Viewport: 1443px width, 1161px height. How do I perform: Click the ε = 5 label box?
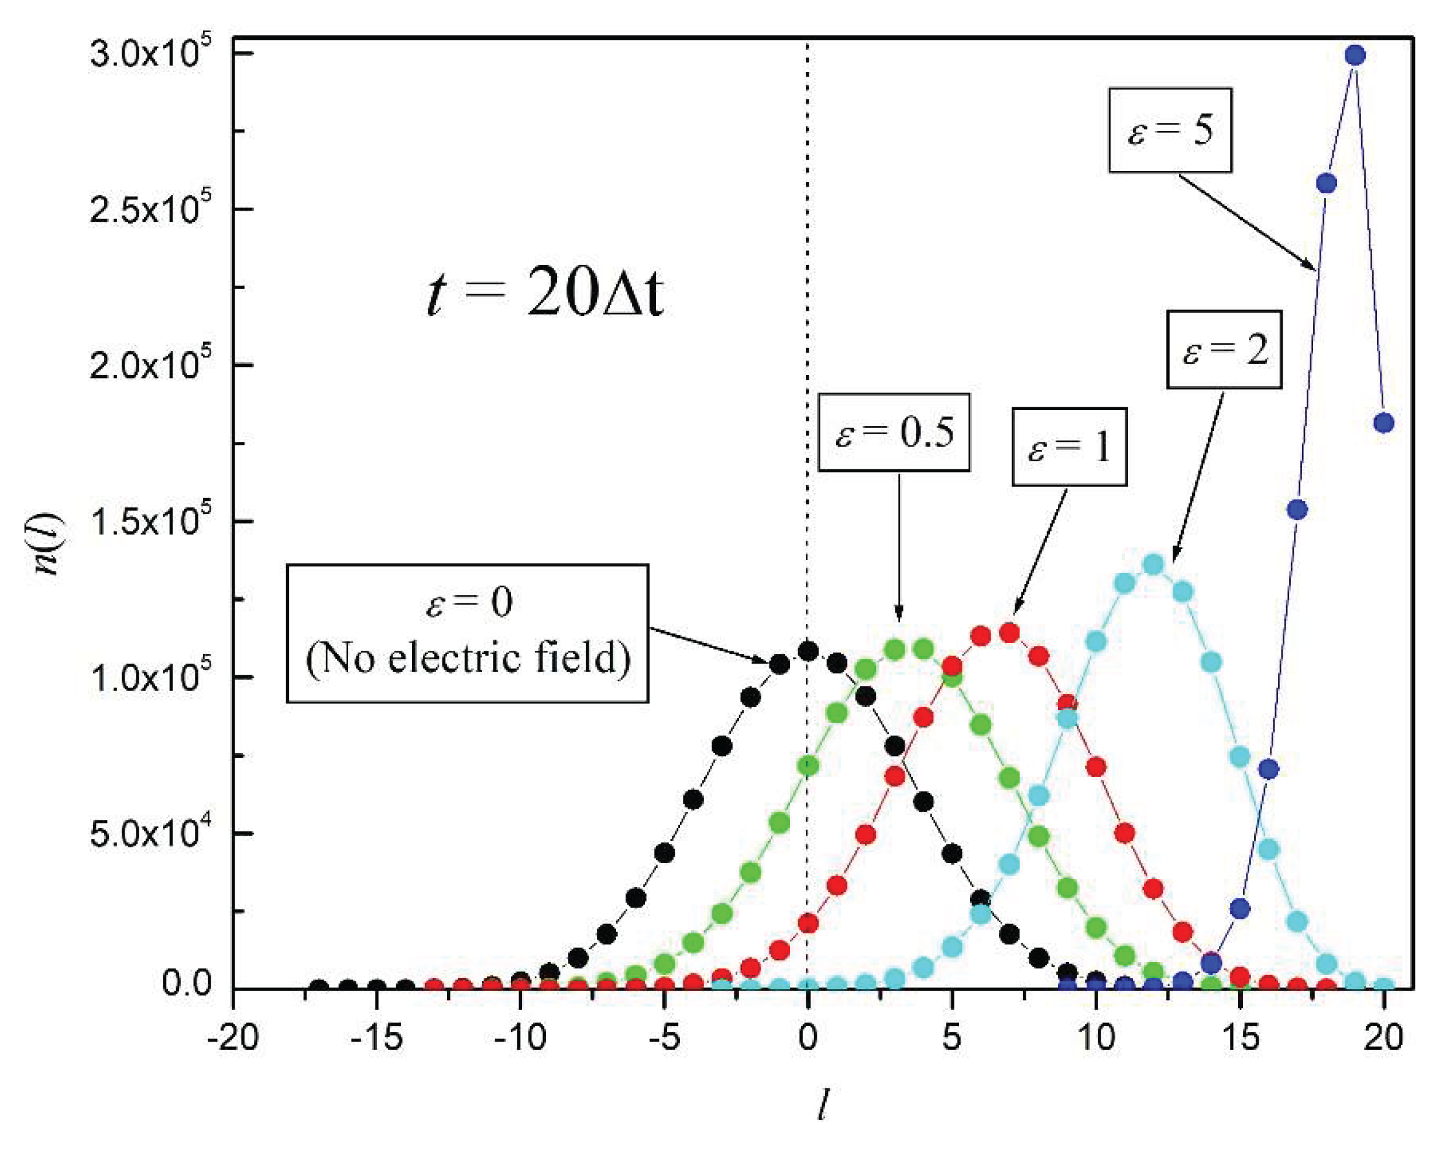click(1169, 130)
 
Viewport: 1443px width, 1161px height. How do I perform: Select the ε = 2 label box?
click(1224, 349)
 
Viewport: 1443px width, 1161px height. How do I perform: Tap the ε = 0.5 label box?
click(894, 432)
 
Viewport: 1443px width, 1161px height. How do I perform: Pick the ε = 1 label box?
click(1069, 447)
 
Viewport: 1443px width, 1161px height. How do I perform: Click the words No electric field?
click(468, 658)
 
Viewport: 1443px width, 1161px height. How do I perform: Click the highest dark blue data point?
click(1355, 56)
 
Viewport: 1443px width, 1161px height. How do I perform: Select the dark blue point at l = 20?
click(1383, 423)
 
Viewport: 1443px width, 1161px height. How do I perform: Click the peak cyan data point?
click(1153, 564)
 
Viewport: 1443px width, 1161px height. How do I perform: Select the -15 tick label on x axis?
click(377, 1038)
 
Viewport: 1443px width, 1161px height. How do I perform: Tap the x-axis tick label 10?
click(1095, 1038)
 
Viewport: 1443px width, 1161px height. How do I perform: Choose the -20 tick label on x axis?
click(232, 1038)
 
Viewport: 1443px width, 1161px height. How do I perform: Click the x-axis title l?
click(823, 1105)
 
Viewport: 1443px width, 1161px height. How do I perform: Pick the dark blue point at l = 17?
click(1297, 510)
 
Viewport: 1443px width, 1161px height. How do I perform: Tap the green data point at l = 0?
click(808, 765)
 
